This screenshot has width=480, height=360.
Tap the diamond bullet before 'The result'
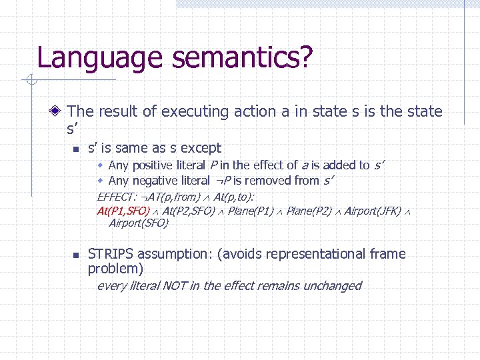[x=59, y=111]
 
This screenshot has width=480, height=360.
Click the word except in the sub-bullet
[x=200, y=147]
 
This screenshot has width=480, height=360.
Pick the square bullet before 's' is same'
[x=76, y=149]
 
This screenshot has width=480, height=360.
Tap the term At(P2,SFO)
[x=189, y=211]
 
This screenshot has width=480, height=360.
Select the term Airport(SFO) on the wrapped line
[x=139, y=223]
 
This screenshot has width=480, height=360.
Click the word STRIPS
[x=109, y=254]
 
